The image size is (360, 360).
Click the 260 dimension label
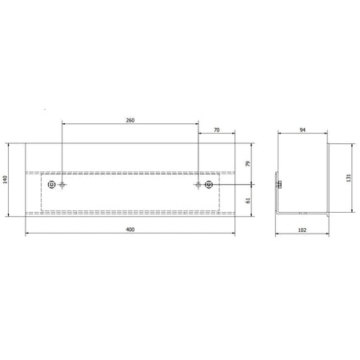click(130, 120)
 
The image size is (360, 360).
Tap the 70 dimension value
click(217, 130)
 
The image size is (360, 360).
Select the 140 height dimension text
click(5, 179)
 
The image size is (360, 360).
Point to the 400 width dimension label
click(130, 230)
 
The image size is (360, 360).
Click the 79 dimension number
click(248, 164)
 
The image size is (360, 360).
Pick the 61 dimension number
click(248, 200)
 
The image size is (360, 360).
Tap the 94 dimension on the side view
click(302, 130)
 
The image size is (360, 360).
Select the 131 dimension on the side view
click(349, 178)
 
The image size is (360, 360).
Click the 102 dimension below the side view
click(302, 230)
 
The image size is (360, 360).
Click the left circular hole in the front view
click(51, 184)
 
